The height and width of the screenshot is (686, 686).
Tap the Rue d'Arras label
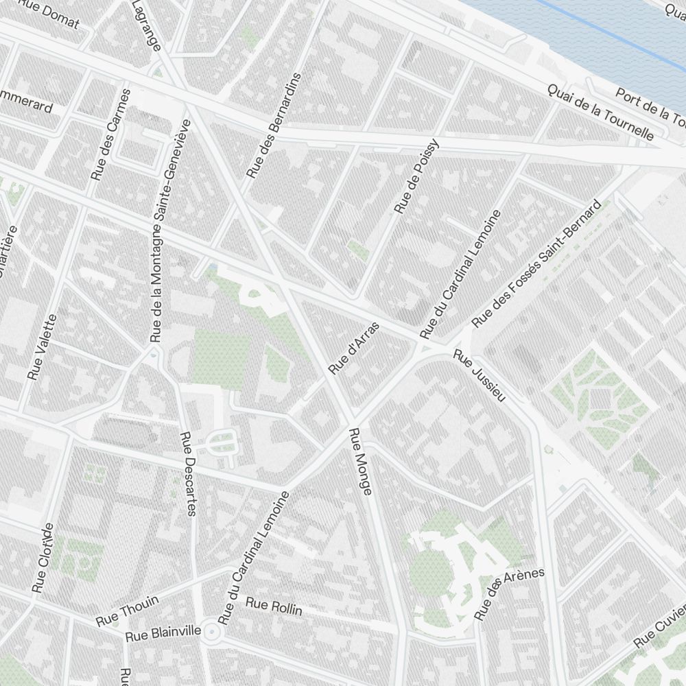point(353,348)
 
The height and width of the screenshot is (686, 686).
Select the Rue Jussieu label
point(480,377)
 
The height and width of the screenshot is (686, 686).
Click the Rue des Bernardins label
point(274,126)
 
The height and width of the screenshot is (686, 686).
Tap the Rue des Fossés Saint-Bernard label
point(536,263)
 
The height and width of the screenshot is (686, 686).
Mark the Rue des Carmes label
point(109,134)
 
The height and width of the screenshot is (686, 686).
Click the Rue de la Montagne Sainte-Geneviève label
point(168,231)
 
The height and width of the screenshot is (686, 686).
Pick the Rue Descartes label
point(187,473)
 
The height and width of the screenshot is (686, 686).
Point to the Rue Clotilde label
point(43,558)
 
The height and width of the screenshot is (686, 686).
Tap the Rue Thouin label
point(128,611)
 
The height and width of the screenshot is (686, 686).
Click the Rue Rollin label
point(274,606)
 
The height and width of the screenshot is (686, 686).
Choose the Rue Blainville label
point(163,632)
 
